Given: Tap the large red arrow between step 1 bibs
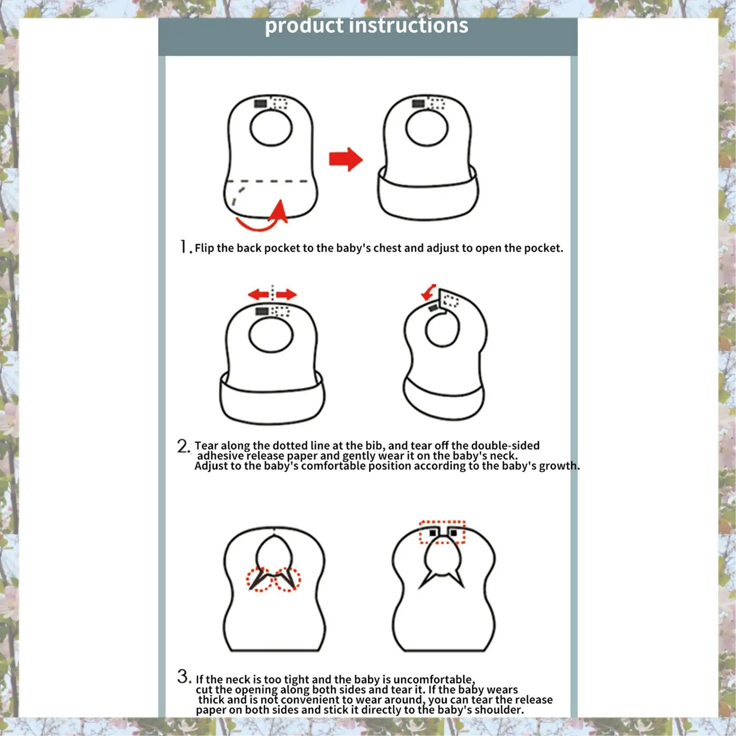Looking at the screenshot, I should click(345, 159).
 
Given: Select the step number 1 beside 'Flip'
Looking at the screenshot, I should click(184, 247).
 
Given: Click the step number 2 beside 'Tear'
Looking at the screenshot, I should click(183, 446).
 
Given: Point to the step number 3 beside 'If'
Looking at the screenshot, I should click(184, 676).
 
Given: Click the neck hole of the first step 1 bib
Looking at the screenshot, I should click(271, 128).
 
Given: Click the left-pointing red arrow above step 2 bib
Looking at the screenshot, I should click(259, 295).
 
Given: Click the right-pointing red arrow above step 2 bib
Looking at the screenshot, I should click(286, 295).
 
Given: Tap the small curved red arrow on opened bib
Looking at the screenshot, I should click(429, 292).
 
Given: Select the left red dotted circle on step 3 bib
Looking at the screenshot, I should click(260, 579).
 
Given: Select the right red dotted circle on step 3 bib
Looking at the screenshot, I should click(287, 579).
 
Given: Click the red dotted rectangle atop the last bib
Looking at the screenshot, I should click(442, 532).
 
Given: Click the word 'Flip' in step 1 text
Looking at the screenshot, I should click(204, 248).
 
